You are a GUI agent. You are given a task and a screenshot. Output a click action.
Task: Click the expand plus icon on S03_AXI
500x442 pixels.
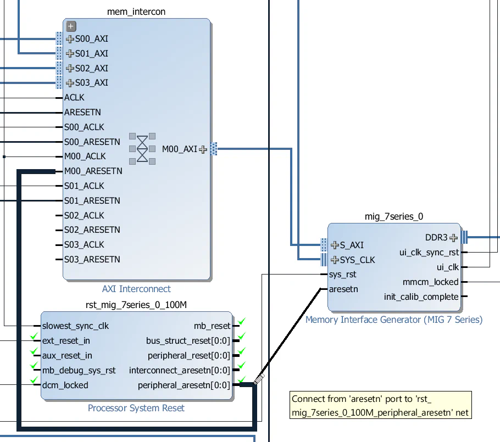[x=70, y=83]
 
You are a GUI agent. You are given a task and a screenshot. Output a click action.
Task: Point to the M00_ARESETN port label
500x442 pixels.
[x=93, y=171]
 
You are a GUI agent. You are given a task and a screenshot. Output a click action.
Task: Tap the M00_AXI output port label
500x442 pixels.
[x=180, y=149]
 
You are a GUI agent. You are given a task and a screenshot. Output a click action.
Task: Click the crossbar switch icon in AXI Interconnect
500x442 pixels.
[x=142, y=148]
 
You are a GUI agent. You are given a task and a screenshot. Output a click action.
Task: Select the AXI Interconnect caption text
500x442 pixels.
[x=136, y=289]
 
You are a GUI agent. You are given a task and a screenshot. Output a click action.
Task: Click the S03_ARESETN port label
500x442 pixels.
[x=92, y=259]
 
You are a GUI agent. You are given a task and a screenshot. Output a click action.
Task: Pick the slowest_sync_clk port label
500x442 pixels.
[x=75, y=326]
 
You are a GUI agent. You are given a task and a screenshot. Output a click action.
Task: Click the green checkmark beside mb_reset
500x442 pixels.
[x=241, y=321]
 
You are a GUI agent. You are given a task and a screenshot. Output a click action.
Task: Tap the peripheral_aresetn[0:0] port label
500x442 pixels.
[x=184, y=385]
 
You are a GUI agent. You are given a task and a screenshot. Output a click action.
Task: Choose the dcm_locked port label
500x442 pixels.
[x=65, y=385]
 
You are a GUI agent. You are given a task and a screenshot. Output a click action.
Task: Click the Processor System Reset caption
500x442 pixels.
[x=136, y=408]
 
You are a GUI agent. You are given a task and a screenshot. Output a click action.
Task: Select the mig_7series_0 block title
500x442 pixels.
[x=394, y=216]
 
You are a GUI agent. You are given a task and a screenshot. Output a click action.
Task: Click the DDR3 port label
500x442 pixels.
[x=437, y=238]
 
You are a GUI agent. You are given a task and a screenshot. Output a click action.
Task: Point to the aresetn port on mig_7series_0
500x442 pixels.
[x=343, y=289]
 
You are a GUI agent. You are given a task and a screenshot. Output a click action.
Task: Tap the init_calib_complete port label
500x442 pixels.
[x=421, y=296]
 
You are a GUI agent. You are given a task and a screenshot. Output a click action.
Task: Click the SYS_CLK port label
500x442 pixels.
[x=357, y=260]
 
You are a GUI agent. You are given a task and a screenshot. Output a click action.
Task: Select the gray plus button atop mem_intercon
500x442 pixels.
[x=71, y=26]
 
